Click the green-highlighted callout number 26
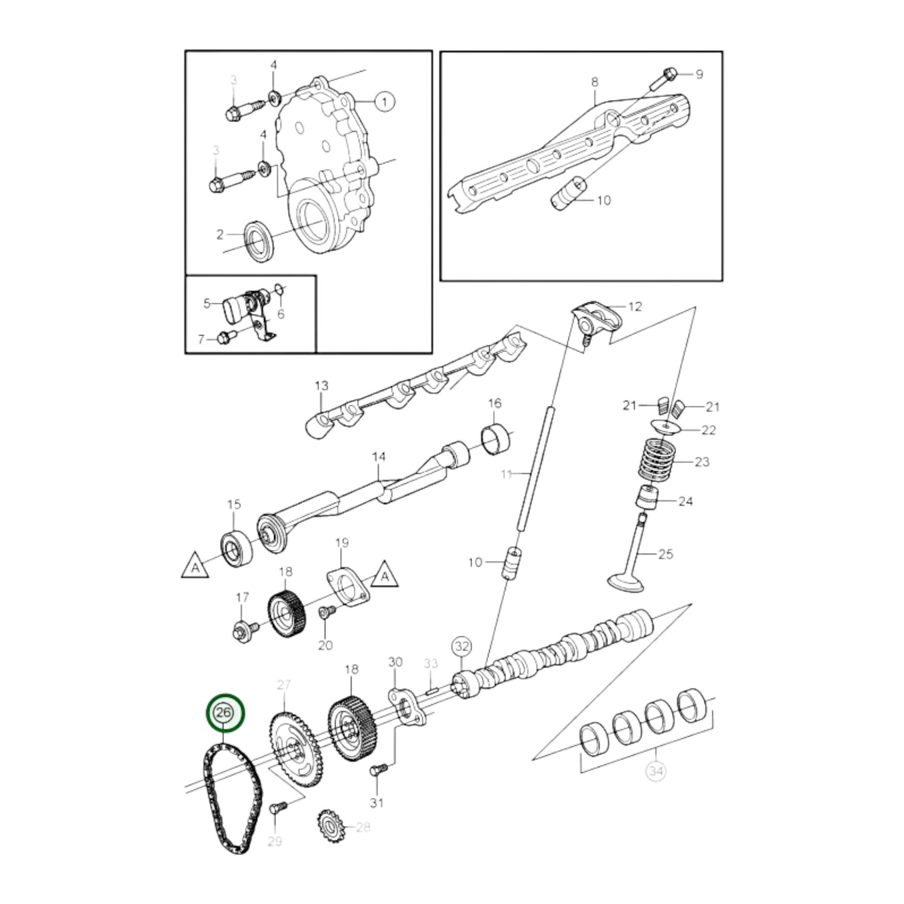225,713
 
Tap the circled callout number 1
385,101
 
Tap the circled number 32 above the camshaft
462,646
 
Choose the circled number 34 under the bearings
655,771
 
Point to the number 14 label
378,457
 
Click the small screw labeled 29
277,808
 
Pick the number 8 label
594,82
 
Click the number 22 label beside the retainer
708,430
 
